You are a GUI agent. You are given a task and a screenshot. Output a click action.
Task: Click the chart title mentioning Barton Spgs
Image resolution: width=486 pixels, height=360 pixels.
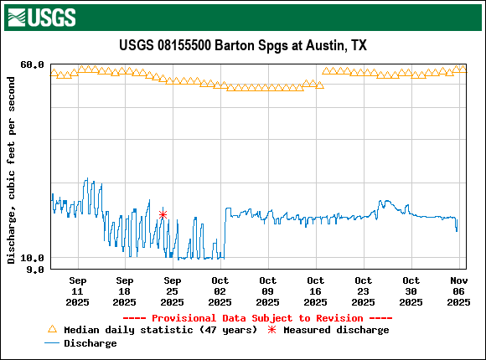coord(243,45)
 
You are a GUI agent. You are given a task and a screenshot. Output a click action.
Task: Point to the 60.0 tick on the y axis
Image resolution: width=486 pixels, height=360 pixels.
coord(33,64)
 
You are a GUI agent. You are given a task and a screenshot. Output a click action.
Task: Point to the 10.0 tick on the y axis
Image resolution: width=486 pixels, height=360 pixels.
coord(33,258)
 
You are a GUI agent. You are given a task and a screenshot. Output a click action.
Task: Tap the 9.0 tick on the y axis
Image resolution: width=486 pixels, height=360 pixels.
coord(35,270)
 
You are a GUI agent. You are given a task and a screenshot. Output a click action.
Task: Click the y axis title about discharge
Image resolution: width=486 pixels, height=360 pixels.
coord(11,170)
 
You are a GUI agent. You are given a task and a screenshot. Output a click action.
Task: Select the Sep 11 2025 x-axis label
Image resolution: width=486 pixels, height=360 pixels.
coord(77,291)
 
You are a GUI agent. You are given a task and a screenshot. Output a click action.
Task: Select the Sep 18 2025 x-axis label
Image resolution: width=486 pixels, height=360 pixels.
coord(125,291)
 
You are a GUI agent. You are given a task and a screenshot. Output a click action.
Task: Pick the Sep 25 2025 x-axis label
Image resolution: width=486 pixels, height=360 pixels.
coord(173,291)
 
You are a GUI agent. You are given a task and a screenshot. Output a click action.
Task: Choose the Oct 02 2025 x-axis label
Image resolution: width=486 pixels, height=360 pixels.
coord(220,291)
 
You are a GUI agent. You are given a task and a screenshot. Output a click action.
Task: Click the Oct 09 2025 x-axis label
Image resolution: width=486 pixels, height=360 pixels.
coord(268,291)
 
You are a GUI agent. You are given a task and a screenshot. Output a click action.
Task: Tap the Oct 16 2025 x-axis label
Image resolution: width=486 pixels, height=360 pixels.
coord(316,291)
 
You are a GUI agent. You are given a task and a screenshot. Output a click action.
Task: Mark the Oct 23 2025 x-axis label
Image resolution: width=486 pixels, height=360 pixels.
coord(364,291)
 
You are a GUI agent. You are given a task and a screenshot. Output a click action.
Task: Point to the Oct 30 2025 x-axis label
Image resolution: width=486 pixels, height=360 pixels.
coord(411,291)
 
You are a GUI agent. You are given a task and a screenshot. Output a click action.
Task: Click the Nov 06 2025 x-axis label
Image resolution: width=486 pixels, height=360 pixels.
coord(458,291)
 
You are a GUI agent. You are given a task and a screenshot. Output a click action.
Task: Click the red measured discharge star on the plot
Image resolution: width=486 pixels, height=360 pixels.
coord(163,215)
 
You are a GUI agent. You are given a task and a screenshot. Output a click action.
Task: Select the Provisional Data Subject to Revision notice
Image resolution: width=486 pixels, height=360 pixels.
coord(258,318)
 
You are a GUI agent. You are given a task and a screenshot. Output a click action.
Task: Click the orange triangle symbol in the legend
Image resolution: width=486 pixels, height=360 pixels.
coord(53,330)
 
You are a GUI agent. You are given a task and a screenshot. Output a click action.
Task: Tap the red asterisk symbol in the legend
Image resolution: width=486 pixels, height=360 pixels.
coord(272,330)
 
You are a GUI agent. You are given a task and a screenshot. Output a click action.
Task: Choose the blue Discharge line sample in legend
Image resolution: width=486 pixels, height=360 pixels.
coord(53,343)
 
